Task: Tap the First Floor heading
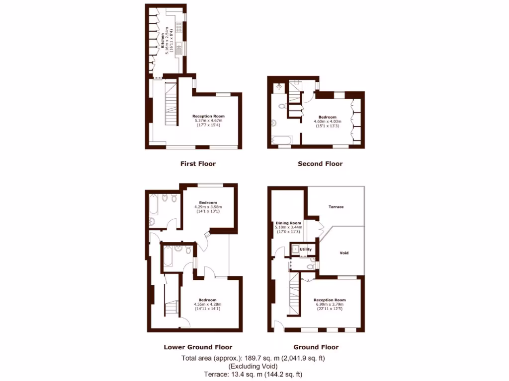[198, 163]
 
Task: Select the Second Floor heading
[320, 163]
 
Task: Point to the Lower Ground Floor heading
[198, 347]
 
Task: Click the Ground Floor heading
[316, 347]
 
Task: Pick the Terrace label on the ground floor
[337, 207]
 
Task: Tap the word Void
[344, 253]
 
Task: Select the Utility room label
[305, 249]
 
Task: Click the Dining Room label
[289, 223]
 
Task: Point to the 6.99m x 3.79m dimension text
[330, 305]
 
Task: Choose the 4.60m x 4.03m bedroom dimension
[328, 122]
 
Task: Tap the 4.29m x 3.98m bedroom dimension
[208, 207]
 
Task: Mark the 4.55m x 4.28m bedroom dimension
[208, 304]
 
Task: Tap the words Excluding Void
[254, 366]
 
